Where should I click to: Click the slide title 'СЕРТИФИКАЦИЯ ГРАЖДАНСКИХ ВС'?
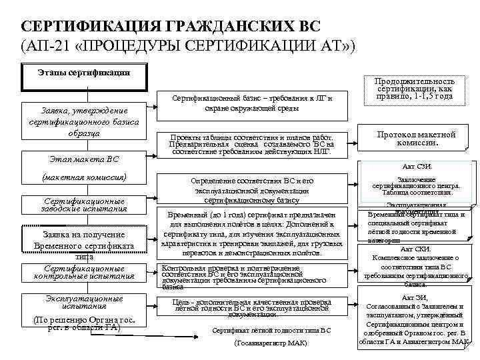171,26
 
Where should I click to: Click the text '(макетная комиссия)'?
84,177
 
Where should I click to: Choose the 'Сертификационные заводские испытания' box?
84,204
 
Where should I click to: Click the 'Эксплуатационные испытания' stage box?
84,303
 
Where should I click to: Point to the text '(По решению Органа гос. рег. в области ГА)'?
84,323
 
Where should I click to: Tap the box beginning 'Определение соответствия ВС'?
252,190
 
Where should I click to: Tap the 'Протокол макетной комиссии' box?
417,139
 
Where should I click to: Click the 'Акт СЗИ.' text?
418,167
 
